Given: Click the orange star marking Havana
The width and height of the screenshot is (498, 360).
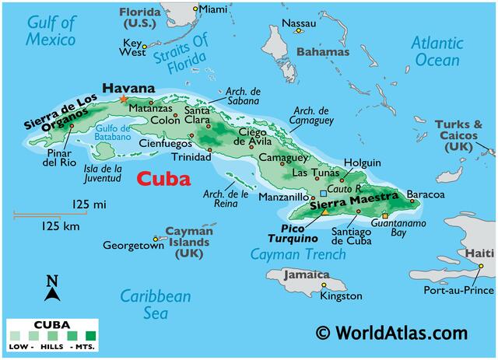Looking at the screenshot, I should point(123,99).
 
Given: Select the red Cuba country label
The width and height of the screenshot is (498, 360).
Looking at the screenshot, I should point(163,179).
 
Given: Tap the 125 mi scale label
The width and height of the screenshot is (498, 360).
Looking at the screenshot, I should point(89,204).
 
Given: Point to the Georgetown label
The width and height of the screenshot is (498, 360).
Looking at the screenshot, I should point(133,246).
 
